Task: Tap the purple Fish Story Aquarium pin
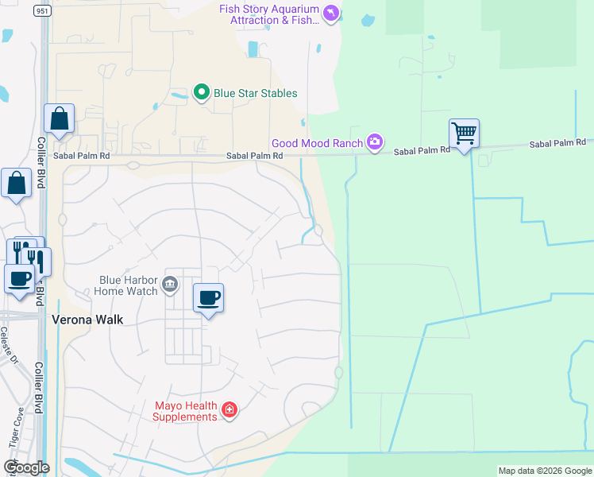point(331,13)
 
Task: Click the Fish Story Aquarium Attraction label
point(269,14)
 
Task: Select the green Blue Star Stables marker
point(202,93)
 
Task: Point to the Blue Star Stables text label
point(255,93)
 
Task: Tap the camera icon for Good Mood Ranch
point(375,143)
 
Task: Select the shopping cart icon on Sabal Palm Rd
point(464,132)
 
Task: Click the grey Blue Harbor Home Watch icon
point(169,285)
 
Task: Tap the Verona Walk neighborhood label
point(85,320)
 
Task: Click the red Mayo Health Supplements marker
point(229,410)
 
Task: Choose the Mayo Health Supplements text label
point(185,411)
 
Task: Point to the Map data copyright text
point(545,471)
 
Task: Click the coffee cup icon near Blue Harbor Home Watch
point(209,298)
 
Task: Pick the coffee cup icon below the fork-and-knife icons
point(19,278)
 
